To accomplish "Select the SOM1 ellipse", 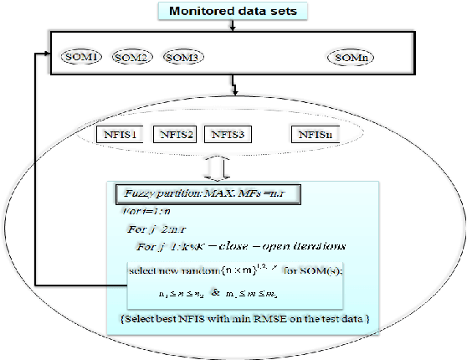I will coord(81,57).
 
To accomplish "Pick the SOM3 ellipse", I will coord(182,57).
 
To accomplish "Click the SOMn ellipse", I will coord(349,57).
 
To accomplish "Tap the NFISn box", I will coord(313,133).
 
